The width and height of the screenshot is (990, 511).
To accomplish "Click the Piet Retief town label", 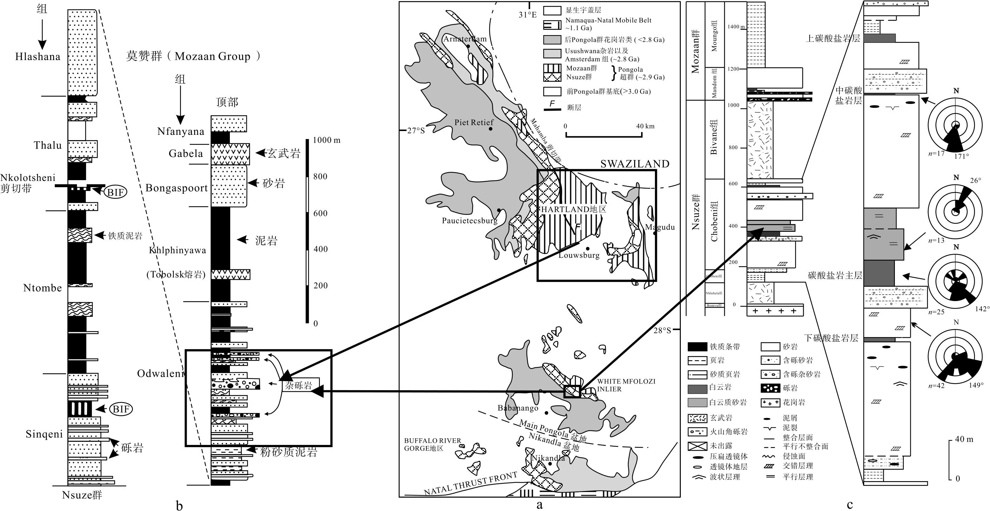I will (x=474, y=122).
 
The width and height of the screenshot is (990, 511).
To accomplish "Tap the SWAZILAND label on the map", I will (x=634, y=164).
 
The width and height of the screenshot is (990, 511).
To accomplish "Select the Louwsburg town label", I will (x=579, y=255).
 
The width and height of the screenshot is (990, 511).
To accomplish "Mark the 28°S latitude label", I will (x=662, y=330).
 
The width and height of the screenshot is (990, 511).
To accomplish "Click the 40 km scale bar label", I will (x=645, y=126).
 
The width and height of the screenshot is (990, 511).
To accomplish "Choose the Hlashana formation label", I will (x=38, y=57).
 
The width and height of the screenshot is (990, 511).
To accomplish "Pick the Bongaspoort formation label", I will (x=177, y=188).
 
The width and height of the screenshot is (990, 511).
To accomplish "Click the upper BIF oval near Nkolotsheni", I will (x=116, y=191).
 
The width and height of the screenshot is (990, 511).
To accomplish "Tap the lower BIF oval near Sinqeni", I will (x=121, y=409).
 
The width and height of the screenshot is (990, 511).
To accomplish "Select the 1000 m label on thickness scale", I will (x=326, y=140).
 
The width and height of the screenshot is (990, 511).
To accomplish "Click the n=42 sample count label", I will (x=936, y=386).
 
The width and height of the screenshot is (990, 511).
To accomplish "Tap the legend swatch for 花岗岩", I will (x=770, y=402).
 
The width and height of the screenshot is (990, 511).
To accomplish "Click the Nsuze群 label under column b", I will (x=82, y=495).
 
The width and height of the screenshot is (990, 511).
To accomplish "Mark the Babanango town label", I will (x=518, y=408).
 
